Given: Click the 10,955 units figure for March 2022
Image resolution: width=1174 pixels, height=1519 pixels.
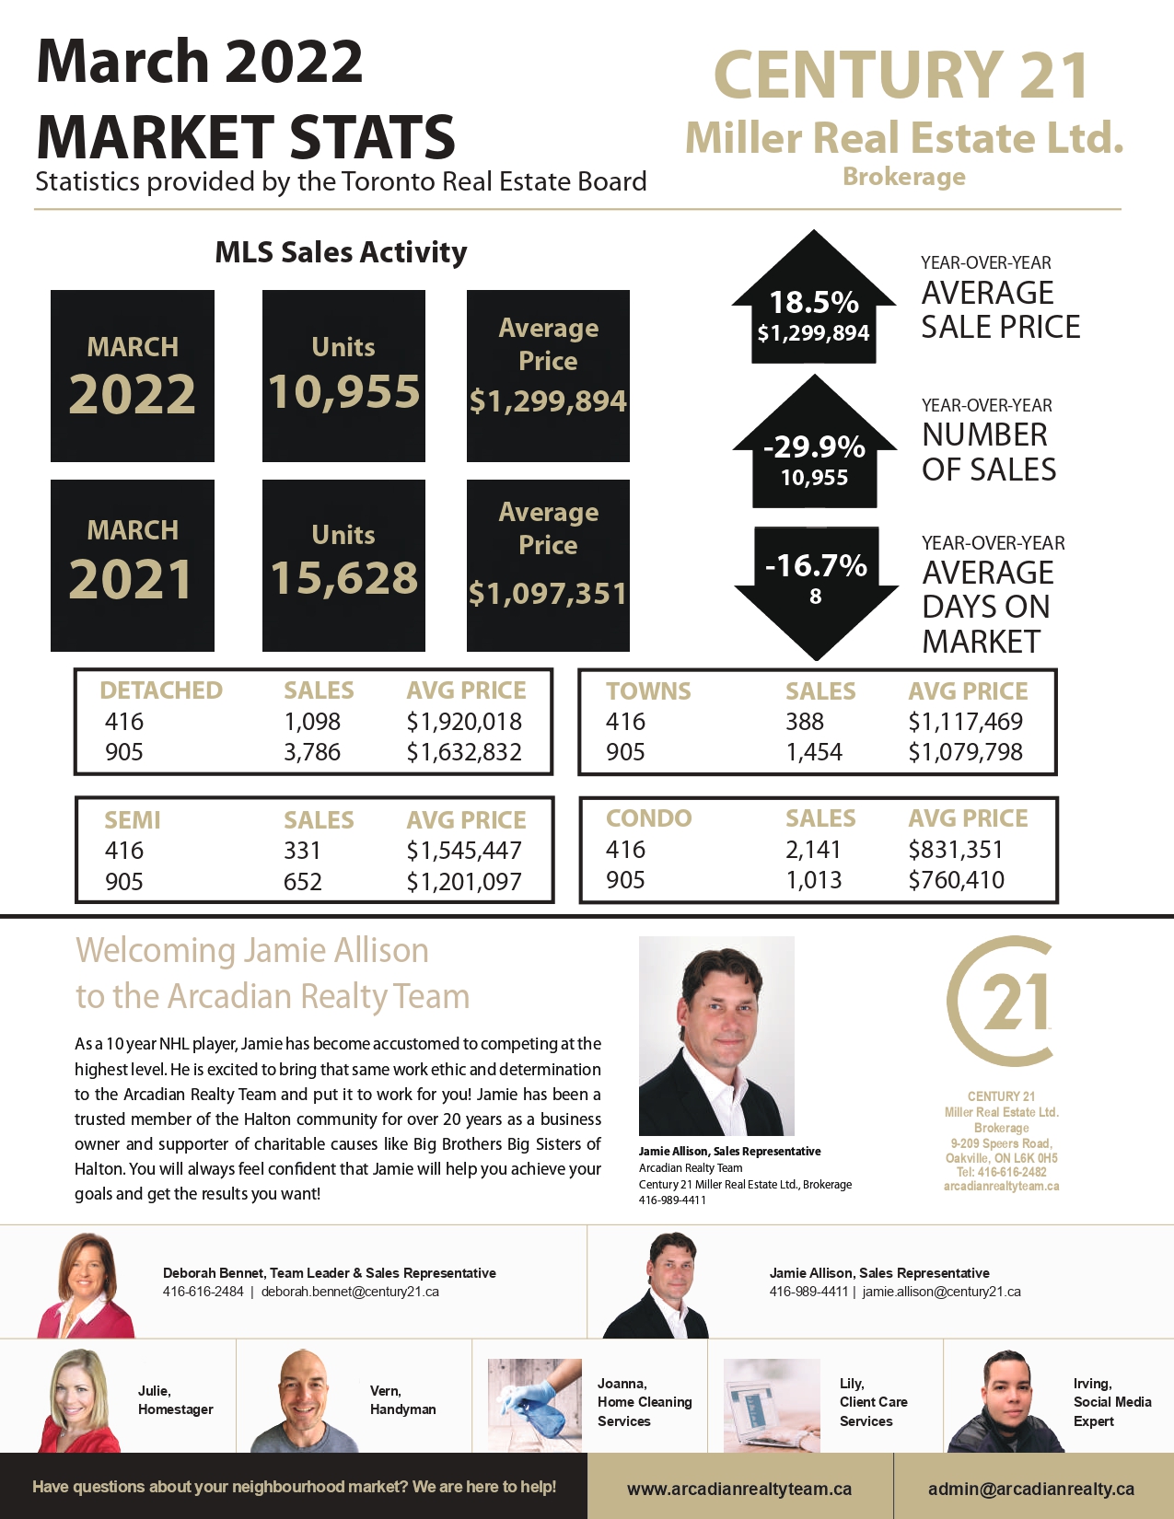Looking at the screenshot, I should pos(343,391).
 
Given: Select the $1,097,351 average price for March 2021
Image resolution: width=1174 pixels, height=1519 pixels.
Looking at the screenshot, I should pos(548,594).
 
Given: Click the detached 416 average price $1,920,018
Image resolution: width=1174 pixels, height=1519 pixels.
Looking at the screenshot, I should pos(464,722).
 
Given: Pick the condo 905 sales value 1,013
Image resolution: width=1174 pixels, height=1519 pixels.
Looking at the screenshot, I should pos(813,880).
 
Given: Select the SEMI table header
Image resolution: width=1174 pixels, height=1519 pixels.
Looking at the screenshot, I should pos(133,819).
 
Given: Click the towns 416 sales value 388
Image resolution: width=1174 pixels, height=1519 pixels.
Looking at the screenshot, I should pos(805,722).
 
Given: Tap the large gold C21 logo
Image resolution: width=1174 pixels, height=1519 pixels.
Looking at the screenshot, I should pos(1001,1002).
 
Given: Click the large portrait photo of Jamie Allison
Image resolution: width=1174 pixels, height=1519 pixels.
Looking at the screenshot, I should pos(716,1036).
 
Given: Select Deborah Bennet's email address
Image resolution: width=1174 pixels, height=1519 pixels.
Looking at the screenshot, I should pos(350,1292).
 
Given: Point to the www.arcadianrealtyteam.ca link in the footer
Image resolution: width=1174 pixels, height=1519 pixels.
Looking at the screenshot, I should pos(739,1489).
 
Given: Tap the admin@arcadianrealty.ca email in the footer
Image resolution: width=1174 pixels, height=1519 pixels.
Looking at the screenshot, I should pos(1031,1489).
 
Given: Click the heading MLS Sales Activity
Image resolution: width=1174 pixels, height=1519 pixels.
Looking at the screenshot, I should pos(341,252).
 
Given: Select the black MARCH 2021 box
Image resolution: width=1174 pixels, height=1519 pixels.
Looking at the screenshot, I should pos(133,565).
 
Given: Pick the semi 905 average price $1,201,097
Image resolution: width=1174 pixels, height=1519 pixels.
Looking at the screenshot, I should pos(464,882).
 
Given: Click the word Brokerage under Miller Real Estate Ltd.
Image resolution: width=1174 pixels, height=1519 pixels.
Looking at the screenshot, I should pos(904,177).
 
